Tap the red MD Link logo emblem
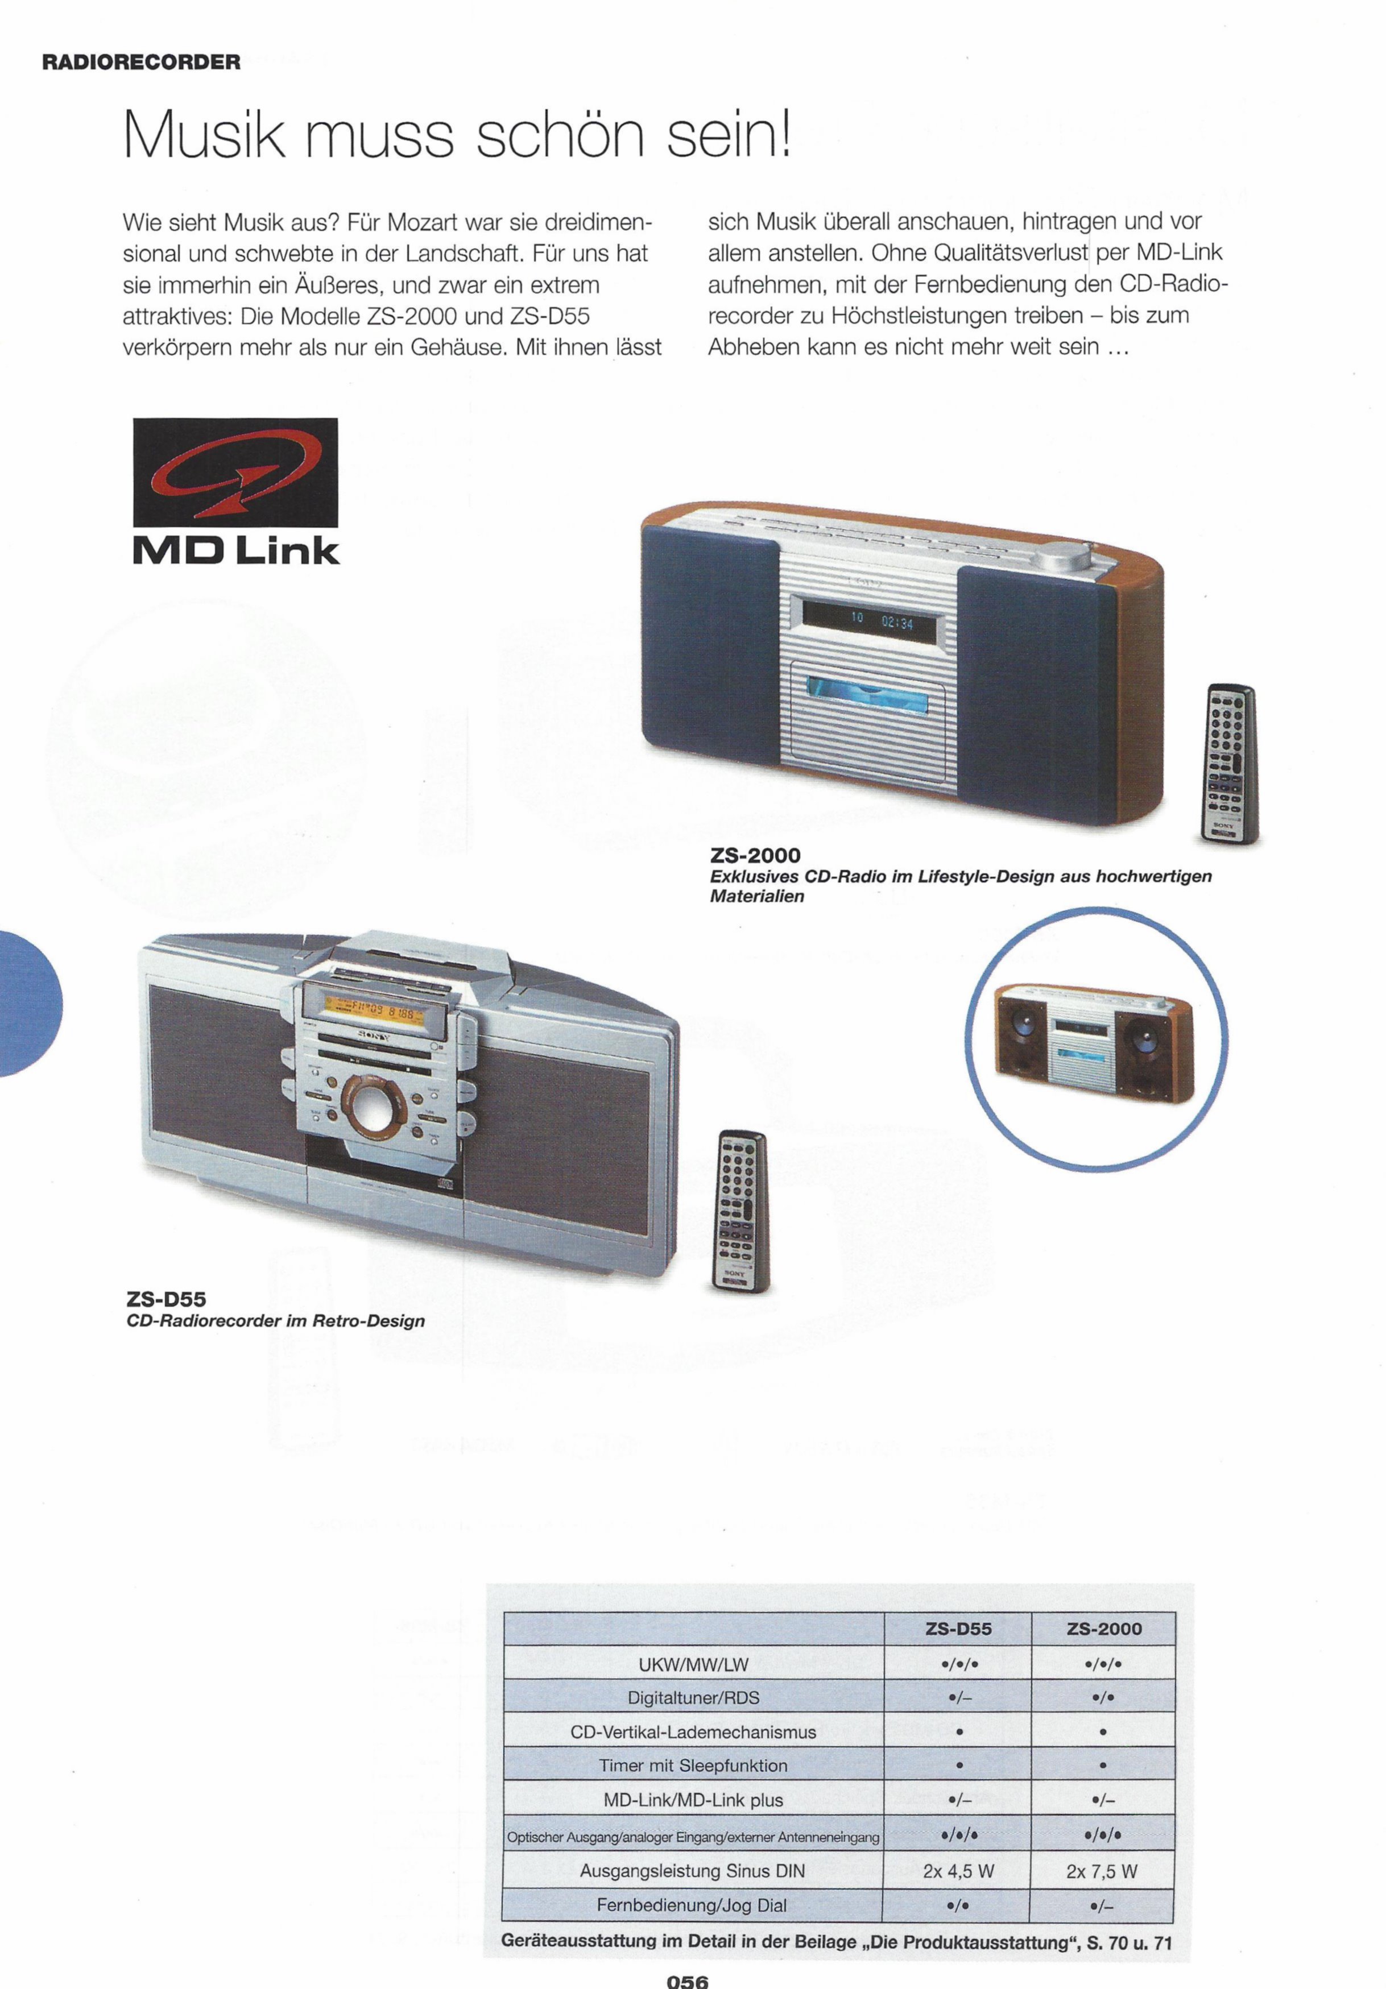coord(235,472)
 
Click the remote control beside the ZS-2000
coord(1230,763)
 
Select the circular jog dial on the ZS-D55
coord(374,1108)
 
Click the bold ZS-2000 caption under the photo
coord(755,856)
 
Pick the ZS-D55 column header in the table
coord(958,1629)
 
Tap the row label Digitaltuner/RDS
coord(693,1698)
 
